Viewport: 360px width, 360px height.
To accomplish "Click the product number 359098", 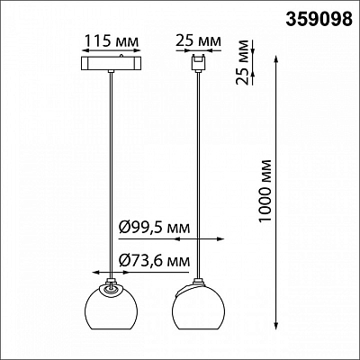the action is click(x=319, y=19).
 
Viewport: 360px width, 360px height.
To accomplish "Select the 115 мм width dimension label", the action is click(x=112, y=40).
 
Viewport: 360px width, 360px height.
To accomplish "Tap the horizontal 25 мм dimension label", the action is click(x=198, y=40).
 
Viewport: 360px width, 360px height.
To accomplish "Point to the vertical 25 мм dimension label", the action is click(x=242, y=62).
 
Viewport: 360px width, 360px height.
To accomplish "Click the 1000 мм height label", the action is click(x=265, y=192).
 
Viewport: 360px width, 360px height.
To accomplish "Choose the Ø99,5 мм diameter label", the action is click(x=155, y=228).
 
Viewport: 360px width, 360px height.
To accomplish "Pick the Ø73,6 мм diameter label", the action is click(x=155, y=261).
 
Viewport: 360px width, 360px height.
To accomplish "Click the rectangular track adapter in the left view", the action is click(x=112, y=63).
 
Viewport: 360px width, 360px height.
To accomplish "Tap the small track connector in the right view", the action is click(x=198, y=63).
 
